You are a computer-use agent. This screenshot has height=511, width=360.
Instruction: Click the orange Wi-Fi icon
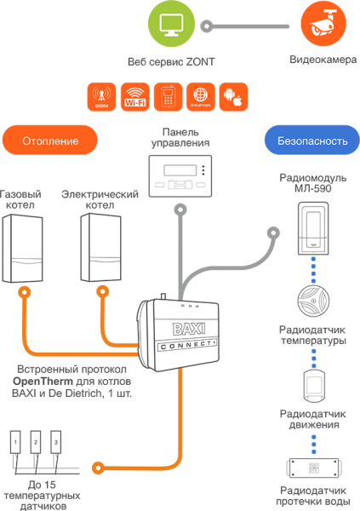point(134,95)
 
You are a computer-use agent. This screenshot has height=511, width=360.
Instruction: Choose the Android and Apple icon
point(232,95)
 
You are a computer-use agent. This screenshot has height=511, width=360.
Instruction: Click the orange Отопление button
point(50,140)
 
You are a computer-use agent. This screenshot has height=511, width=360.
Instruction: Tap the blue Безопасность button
point(308,140)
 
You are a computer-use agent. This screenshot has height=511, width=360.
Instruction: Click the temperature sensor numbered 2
point(35,443)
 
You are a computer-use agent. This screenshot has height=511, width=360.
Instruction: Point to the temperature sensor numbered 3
point(55,443)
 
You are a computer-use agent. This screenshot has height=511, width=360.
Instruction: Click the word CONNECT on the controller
point(185,345)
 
